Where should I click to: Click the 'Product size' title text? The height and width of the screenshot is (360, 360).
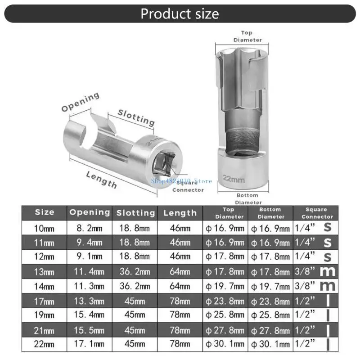tap(180, 13)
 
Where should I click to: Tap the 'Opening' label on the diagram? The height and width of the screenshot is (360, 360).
tap(81, 102)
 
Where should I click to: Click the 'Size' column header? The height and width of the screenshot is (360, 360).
tap(45, 212)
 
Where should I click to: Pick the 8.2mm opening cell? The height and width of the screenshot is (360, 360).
tap(90, 228)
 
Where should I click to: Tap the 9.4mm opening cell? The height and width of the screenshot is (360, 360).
tap(90, 243)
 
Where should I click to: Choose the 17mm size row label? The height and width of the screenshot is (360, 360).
tap(45, 301)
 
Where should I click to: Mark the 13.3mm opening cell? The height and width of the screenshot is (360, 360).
tap(90, 301)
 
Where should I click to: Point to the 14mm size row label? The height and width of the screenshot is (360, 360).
tap(45, 286)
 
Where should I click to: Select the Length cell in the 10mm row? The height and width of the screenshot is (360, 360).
tap(180, 228)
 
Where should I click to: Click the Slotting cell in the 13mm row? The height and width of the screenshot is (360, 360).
tap(135, 272)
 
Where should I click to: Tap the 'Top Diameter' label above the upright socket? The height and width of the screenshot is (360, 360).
tap(247, 36)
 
